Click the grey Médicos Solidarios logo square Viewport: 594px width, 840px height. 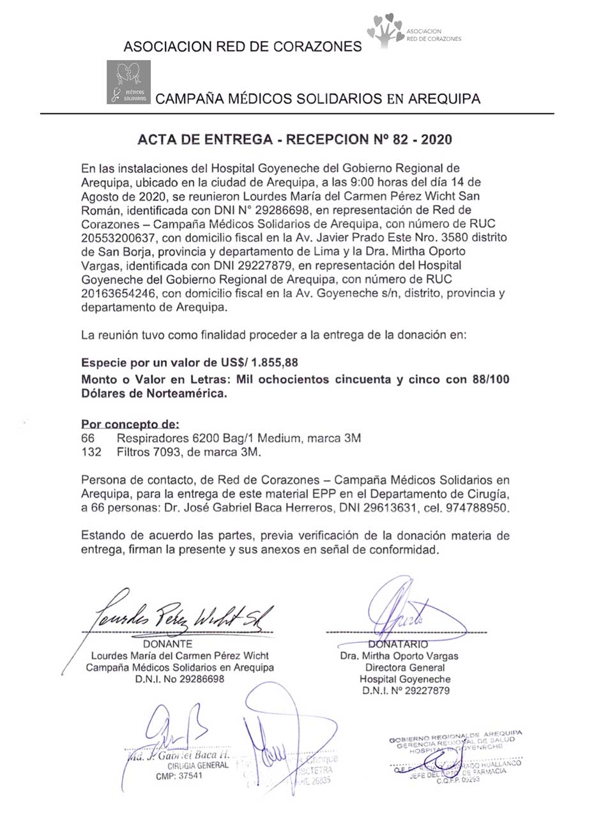click(x=128, y=82)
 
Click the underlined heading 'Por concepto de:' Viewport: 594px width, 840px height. click(x=130, y=424)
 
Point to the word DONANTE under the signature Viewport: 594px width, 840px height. click(x=168, y=644)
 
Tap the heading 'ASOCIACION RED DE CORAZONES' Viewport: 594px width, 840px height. click(x=243, y=47)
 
